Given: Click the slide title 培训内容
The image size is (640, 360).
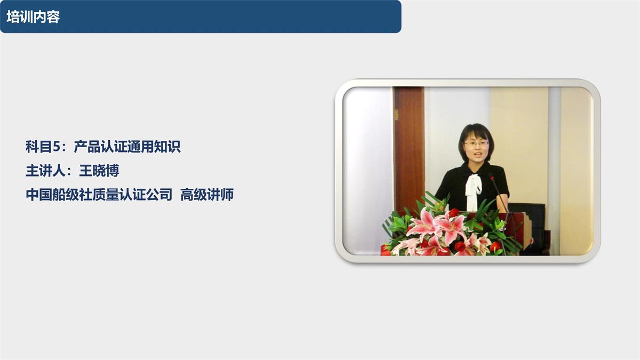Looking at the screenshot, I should [33, 17].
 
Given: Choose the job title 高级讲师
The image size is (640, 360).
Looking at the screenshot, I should [207, 195].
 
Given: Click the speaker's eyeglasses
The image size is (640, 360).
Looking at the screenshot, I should [476, 143].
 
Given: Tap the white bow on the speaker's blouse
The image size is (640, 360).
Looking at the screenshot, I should [473, 187].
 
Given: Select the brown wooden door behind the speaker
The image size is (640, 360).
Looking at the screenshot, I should [409, 144].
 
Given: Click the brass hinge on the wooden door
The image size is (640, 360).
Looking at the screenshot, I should [396, 114].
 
